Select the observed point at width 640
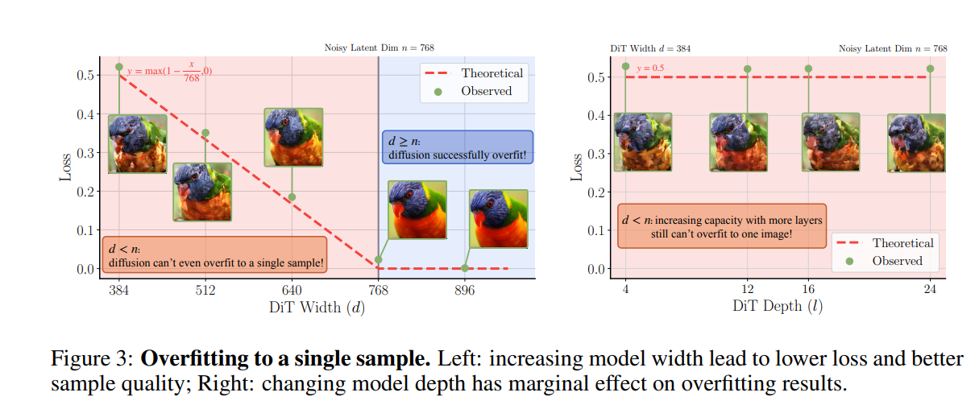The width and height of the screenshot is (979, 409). pos(292,197)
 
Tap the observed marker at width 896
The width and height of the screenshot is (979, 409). pos(465,268)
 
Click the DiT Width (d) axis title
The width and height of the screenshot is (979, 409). pos(316,307)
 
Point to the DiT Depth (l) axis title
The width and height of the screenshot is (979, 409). pos(778,306)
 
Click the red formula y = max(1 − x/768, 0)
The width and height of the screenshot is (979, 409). pos(169,72)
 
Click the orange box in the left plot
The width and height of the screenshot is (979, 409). pos(214,254)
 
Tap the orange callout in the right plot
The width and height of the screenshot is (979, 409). pos(722,225)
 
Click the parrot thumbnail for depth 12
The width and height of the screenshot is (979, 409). pos(739,142)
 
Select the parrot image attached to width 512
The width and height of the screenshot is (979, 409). pos(202,192)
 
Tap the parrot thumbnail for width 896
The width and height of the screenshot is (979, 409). pos(499,219)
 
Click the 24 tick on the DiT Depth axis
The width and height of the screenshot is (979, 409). pos(930,290)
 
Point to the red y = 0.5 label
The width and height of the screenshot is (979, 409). pos(650,68)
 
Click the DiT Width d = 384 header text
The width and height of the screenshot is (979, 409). pos(649,48)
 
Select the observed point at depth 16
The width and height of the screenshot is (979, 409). pos(808,69)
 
